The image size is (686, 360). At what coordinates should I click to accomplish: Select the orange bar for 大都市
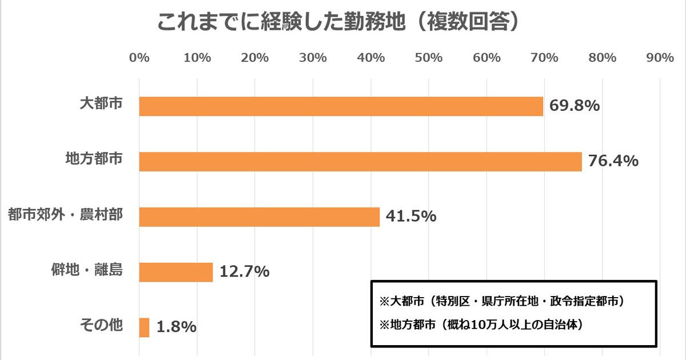tap(341, 106)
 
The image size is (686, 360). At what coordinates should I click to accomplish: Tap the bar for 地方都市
tap(360, 162)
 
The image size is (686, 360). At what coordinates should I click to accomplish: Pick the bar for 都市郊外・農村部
tap(259, 217)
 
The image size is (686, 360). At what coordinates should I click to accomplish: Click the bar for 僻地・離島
tap(176, 272)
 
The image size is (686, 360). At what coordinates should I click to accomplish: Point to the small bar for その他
tap(144, 327)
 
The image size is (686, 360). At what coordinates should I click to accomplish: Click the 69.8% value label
tap(574, 106)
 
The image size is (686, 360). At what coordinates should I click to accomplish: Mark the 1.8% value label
tap(177, 327)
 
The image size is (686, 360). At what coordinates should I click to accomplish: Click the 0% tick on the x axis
tap(139, 58)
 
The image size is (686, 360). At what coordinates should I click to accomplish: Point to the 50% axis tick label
tap(429, 58)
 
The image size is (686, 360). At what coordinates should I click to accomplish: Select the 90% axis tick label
tap(660, 58)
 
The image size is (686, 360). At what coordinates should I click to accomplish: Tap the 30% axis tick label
tap(313, 58)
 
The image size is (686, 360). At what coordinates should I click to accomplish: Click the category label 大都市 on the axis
tap(101, 104)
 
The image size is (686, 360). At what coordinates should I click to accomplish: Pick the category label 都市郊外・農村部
tap(65, 215)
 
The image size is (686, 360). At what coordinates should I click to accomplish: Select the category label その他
tap(101, 325)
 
